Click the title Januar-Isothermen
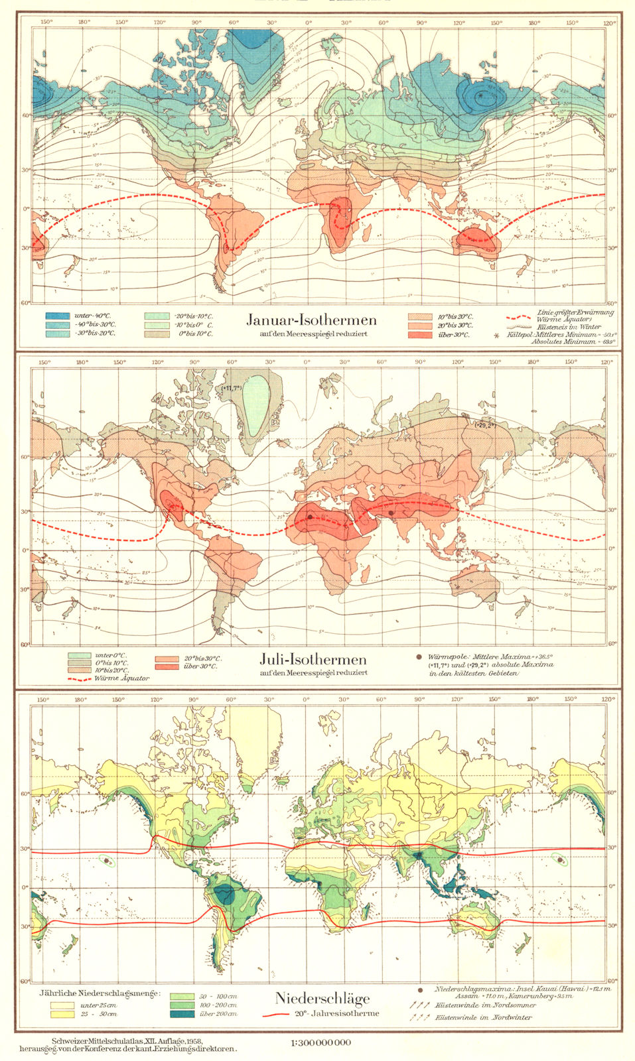click(311, 320)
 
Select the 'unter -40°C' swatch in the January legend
click(57, 316)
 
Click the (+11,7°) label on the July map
click(231, 387)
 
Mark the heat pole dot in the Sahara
click(309, 516)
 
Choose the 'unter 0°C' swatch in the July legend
click(80, 655)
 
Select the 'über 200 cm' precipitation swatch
click(182, 1013)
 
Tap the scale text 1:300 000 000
click(320, 1042)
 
